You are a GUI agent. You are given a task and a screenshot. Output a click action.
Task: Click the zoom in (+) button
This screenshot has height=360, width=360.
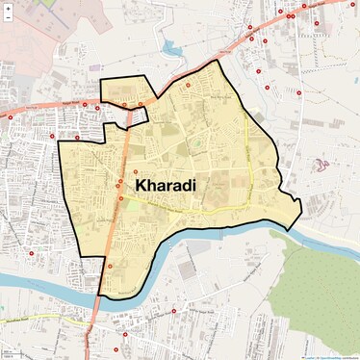(8, 8)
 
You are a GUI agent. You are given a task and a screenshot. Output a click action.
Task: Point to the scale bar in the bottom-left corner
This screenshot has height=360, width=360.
(10, 352)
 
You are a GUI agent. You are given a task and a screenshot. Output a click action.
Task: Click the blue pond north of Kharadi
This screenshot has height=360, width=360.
(173, 45)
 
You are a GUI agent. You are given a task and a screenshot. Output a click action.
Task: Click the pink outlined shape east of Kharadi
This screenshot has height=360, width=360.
(320, 168)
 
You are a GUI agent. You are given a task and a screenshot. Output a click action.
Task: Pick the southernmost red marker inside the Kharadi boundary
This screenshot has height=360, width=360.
(110, 266)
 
